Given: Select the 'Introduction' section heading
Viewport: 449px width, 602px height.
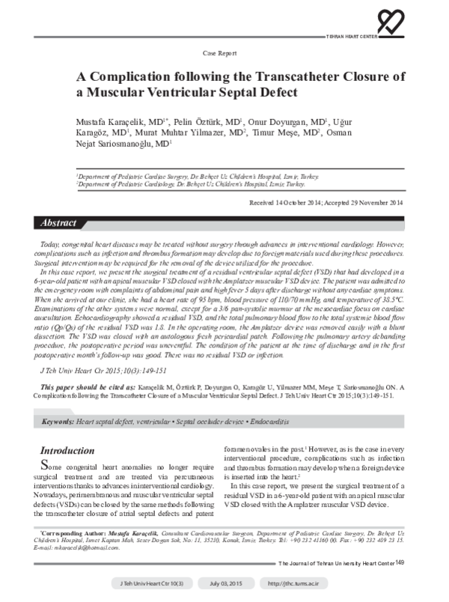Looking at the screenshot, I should [x=67, y=451].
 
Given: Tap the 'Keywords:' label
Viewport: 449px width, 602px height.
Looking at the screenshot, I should [x=58, y=422].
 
